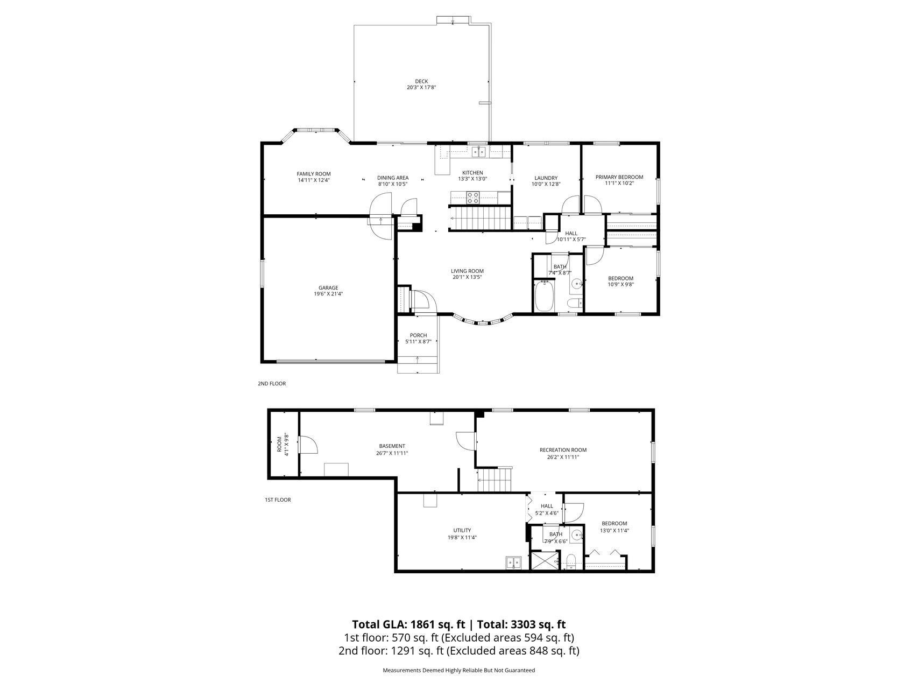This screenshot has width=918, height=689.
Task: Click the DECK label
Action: [421, 81]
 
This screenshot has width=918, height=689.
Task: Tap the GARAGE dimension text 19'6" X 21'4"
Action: [328, 294]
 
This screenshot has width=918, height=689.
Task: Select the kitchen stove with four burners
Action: [473, 198]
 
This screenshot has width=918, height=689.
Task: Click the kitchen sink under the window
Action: [479, 152]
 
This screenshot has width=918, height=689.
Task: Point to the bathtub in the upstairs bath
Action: [544, 296]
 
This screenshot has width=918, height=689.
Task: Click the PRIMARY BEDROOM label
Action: [619, 177]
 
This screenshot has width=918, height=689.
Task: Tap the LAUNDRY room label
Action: [546, 178]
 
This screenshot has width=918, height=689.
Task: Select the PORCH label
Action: [418, 335]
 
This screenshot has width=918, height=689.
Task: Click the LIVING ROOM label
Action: [467, 271]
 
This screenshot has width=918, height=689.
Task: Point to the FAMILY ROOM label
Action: [314, 174]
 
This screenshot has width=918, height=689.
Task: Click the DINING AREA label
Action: [393, 178]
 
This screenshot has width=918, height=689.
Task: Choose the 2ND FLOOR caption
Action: [272, 384]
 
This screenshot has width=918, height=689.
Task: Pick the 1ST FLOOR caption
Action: [278, 500]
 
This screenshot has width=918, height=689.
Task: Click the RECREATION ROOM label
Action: [563, 450]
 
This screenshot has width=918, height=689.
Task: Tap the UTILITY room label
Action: [462, 530]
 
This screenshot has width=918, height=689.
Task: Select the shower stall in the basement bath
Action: [545, 560]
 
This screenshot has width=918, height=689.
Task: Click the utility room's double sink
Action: [513, 563]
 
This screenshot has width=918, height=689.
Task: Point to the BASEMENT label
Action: [392, 446]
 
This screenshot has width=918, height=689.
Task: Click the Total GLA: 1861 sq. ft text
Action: [409, 624]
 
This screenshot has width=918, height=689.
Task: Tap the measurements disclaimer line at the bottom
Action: [459, 671]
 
